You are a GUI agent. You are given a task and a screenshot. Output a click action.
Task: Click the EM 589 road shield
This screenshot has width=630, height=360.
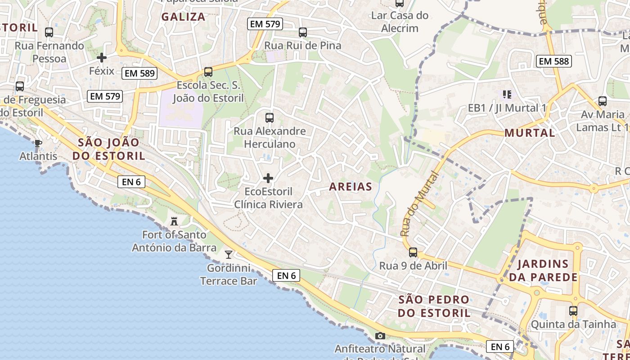point(139,73)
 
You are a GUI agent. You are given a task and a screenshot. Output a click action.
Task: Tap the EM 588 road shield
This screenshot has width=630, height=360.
point(554,61)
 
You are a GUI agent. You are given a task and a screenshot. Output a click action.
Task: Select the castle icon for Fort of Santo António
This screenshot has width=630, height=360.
point(174,221)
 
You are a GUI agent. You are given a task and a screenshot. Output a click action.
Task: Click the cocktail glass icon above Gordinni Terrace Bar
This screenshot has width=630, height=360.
point(229,255)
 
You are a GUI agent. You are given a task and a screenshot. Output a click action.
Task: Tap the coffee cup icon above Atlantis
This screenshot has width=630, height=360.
point(38,143)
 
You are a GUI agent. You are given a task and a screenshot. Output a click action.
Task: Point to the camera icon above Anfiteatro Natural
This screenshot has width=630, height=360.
point(380,336)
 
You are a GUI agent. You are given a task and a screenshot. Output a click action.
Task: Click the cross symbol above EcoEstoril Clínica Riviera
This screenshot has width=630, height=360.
point(268,178)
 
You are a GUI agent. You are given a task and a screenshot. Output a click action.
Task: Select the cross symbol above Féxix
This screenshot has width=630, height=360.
point(102,58)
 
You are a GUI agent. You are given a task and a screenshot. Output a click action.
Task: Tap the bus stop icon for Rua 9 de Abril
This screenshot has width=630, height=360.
point(413,252)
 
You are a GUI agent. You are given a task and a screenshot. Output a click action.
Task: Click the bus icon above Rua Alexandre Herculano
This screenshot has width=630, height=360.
point(269,118)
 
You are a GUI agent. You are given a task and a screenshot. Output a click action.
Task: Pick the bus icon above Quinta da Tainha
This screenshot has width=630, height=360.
point(573,311)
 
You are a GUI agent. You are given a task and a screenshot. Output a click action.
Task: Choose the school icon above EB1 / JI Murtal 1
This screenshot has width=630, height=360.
point(507,94)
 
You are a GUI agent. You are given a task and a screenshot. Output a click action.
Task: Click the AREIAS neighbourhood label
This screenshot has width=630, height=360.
point(351,187)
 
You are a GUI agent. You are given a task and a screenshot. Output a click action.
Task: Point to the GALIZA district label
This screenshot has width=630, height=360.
point(183,17)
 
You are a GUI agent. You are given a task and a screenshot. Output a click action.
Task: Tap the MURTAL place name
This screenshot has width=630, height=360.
point(530,133)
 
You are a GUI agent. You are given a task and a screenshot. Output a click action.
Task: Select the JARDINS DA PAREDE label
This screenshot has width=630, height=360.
point(543,270)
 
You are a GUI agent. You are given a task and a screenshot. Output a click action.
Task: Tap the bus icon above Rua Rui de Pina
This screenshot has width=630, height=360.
point(302,32)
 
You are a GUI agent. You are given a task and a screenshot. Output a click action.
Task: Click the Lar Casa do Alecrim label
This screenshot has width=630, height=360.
point(400,22)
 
